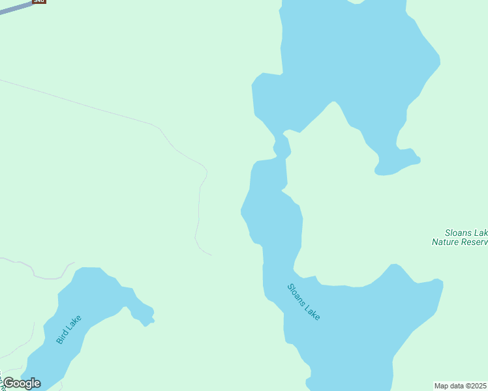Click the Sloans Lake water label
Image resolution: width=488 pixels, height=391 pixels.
pos(304,301)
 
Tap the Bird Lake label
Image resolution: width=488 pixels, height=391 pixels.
pos(69,329)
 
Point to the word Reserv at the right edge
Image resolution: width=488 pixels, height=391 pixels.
pos(474,242)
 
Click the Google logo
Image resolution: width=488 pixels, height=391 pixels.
pos(22,383)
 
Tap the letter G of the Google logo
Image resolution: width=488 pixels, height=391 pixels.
pos(9,383)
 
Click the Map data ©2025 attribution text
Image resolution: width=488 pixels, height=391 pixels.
pos(461,386)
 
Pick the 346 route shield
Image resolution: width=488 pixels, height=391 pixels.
pos(39,1)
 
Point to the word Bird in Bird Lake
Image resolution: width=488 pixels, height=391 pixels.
pos(61,337)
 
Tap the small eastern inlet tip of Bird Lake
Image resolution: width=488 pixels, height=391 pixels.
pos(150,319)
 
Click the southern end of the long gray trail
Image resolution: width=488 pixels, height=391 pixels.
pos(210,254)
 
